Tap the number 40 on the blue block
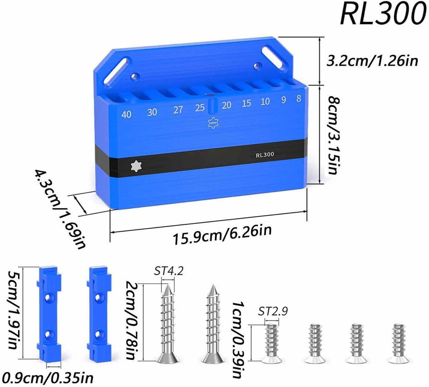[126, 114]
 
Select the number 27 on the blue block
[178, 110]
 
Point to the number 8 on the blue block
[299, 98]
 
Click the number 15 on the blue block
[246, 103]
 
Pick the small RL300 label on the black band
[265, 155]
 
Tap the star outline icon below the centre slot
[212, 123]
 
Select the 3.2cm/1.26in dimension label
[372, 60]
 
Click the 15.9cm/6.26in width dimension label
[222, 234]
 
